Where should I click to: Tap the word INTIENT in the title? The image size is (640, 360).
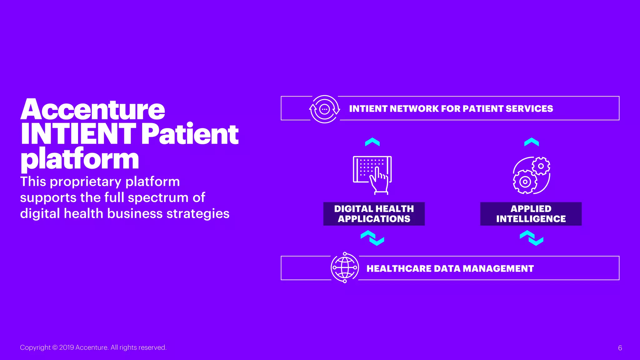[78, 134]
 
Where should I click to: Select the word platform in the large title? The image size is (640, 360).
[80, 159]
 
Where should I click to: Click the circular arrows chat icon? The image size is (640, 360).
[324, 109]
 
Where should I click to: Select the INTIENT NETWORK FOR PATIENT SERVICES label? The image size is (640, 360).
[451, 109]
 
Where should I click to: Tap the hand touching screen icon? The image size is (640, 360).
[372, 175]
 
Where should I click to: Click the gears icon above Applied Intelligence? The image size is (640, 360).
[531, 175]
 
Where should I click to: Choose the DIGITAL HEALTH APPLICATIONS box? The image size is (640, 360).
[374, 214]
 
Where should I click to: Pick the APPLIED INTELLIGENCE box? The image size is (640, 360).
[531, 214]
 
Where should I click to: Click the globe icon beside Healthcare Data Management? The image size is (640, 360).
[345, 268]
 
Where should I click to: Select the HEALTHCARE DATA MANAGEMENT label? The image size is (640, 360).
[450, 268]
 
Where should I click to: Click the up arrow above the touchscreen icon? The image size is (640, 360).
[372, 142]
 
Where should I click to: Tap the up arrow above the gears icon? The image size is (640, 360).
[532, 142]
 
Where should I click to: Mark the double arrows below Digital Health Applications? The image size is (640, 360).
[372, 238]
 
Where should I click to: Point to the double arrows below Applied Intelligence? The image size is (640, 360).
[532, 238]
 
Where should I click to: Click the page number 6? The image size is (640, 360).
[620, 348]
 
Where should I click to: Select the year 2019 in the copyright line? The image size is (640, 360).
[66, 347]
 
